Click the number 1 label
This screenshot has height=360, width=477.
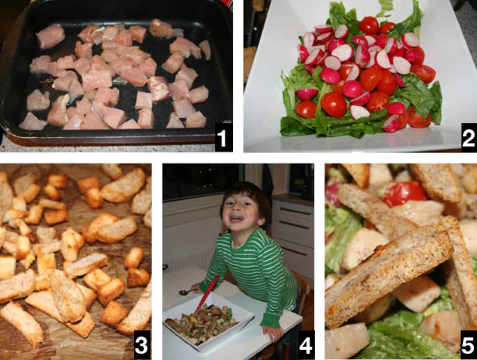coord(223,139)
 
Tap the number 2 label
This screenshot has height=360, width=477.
coord(468,139)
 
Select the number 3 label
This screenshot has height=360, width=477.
coord(142,344)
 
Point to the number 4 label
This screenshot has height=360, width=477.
coord(306,344)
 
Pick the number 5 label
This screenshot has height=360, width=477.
coord(468,344)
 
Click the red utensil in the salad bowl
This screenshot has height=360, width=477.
coord(207,293)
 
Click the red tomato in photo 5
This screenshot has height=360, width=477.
coord(405,193)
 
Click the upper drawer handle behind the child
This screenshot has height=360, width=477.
coord(295,211)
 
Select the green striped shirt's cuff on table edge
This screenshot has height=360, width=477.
coord(273,319)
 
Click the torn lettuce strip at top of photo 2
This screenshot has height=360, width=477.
coord(384,9)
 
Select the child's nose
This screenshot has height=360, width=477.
coord(236,209)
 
